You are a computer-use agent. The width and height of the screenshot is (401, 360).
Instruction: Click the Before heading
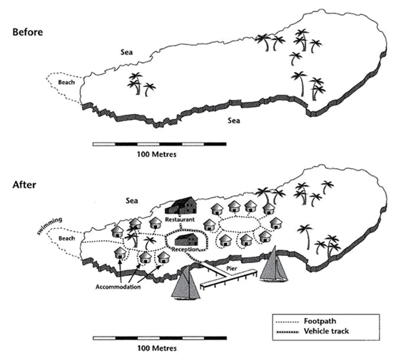(28, 33)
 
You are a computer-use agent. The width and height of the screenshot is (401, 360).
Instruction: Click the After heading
(24, 185)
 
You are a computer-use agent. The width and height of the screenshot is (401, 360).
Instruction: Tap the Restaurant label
(180, 220)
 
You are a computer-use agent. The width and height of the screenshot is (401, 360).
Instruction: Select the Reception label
(185, 250)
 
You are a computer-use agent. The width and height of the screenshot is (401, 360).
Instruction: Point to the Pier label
(232, 269)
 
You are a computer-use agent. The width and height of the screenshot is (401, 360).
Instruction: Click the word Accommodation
(118, 287)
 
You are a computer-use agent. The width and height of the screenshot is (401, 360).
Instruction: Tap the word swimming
(49, 225)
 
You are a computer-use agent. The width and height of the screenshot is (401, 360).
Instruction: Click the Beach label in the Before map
(66, 83)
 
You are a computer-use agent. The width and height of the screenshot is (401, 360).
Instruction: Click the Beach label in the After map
(67, 238)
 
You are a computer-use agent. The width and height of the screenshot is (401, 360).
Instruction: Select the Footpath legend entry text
(320, 322)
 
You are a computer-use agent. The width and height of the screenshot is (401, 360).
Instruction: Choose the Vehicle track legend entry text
(326, 331)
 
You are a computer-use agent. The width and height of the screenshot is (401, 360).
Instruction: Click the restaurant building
(181, 206)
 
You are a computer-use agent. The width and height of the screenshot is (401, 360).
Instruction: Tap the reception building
(186, 240)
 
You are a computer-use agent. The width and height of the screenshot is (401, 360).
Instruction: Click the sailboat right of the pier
(273, 264)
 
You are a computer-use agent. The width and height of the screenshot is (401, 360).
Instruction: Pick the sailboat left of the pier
(186, 283)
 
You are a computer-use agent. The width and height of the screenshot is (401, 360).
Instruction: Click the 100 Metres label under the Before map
(157, 154)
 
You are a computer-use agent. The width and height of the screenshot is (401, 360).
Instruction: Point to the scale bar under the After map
(160, 339)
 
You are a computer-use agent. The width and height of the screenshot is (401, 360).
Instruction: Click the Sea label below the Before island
(234, 120)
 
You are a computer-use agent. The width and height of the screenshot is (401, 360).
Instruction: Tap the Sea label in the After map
(132, 201)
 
